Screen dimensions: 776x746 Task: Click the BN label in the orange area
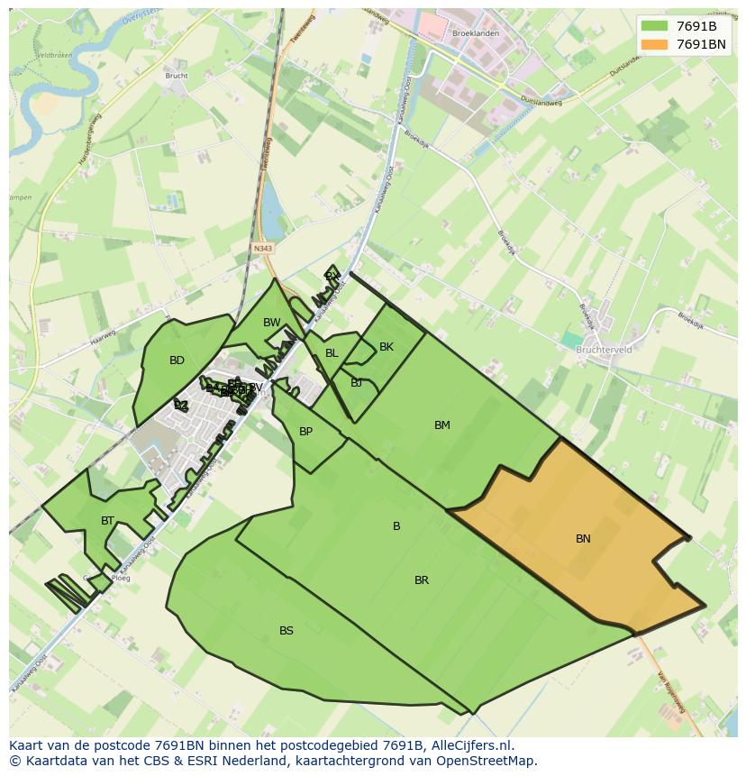point(583,539)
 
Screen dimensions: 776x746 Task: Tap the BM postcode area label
point(441,425)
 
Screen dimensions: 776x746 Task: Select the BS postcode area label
point(287,631)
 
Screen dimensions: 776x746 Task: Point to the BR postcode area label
point(422,580)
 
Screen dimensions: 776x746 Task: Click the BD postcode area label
point(177,361)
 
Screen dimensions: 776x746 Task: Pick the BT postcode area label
point(108,521)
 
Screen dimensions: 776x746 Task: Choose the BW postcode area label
point(272,323)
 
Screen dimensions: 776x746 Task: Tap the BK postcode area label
point(387,347)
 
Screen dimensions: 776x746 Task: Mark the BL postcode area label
point(332,353)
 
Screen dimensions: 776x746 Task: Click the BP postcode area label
point(305,432)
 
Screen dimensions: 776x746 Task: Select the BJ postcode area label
point(357,383)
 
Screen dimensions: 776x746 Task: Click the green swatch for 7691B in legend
point(655,25)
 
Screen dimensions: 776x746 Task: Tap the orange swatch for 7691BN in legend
point(655,44)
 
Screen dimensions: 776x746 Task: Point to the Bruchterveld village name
point(604,349)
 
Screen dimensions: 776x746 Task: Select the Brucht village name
point(177,76)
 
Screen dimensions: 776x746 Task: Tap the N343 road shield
point(263,249)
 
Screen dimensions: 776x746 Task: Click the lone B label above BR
point(396,526)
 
